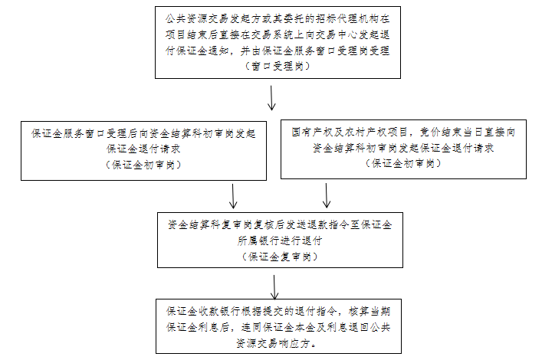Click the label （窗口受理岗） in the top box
pyautogui.click(x=278, y=66)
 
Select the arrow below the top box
pyautogui.click(x=271, y=98)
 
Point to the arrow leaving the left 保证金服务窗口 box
pyautogui.click(x=233, y=196)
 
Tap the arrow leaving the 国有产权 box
pyautogui.click(x=327, y=195)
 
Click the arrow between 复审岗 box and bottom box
pyautogui.click(x=274, y=287)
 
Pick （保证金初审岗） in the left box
pyautogui.click(x=143, y=165)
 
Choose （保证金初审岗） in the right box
pyautogui.click(x=403, y=163)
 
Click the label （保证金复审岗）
pyautogui.click(x=280, y=257)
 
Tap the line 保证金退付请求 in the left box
pyautogui.click(x=143, y=149)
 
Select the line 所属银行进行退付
pyautogui.click(x=280, y=241)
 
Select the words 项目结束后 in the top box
pyautogui.click(x=192, y=34)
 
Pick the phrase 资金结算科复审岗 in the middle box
pyautogui.click(x=211, y=224)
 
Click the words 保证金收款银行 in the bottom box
pyautogui.click(x=204, y=311)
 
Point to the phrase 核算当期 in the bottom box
pyautogui.click(x=370, y=311)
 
